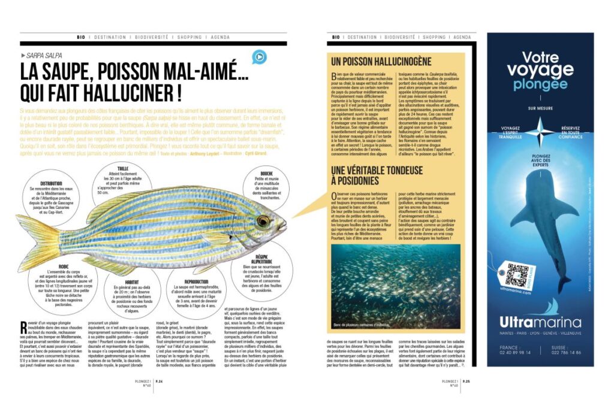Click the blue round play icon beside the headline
pos(258,57)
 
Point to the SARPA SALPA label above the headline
pos(47,54)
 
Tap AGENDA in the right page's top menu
pos(462,37)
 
